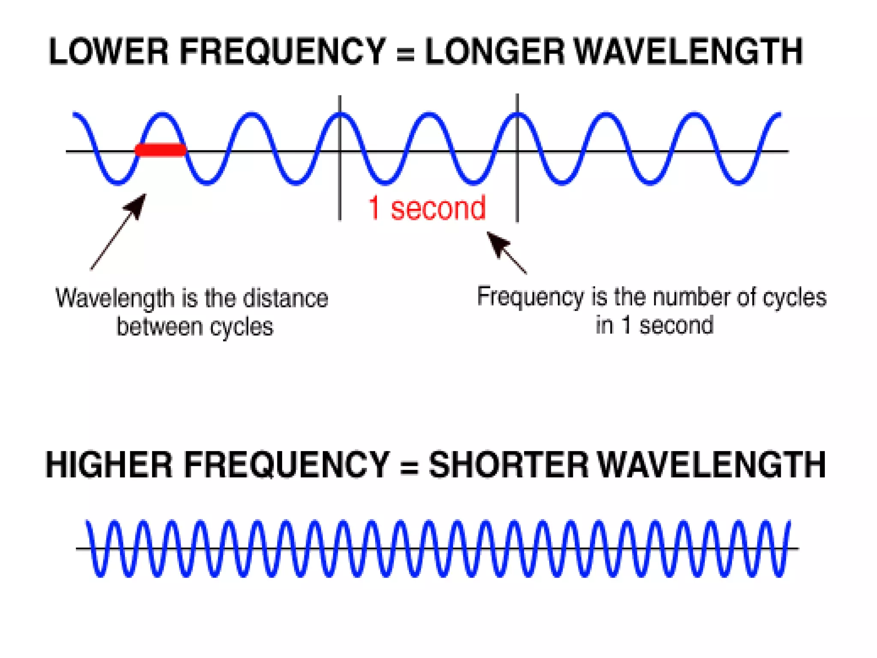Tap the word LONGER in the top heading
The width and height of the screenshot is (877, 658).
click(x=495, y=51)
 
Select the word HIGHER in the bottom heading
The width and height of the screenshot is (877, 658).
click(x=109, y=465)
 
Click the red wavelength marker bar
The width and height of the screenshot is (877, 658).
click(x=161, y=150)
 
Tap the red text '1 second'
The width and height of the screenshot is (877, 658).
click(x=427, y=208)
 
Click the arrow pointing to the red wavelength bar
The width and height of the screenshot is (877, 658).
click(x=118, y=232)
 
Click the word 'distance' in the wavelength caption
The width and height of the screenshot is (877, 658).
click(x=286, y=298)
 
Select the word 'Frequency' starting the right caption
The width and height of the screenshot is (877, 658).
click(x=530, y=297)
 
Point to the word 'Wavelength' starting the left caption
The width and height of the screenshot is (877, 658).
click(x=115, y=298)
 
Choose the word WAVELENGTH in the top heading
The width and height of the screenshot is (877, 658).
click(x=688, y=51)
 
